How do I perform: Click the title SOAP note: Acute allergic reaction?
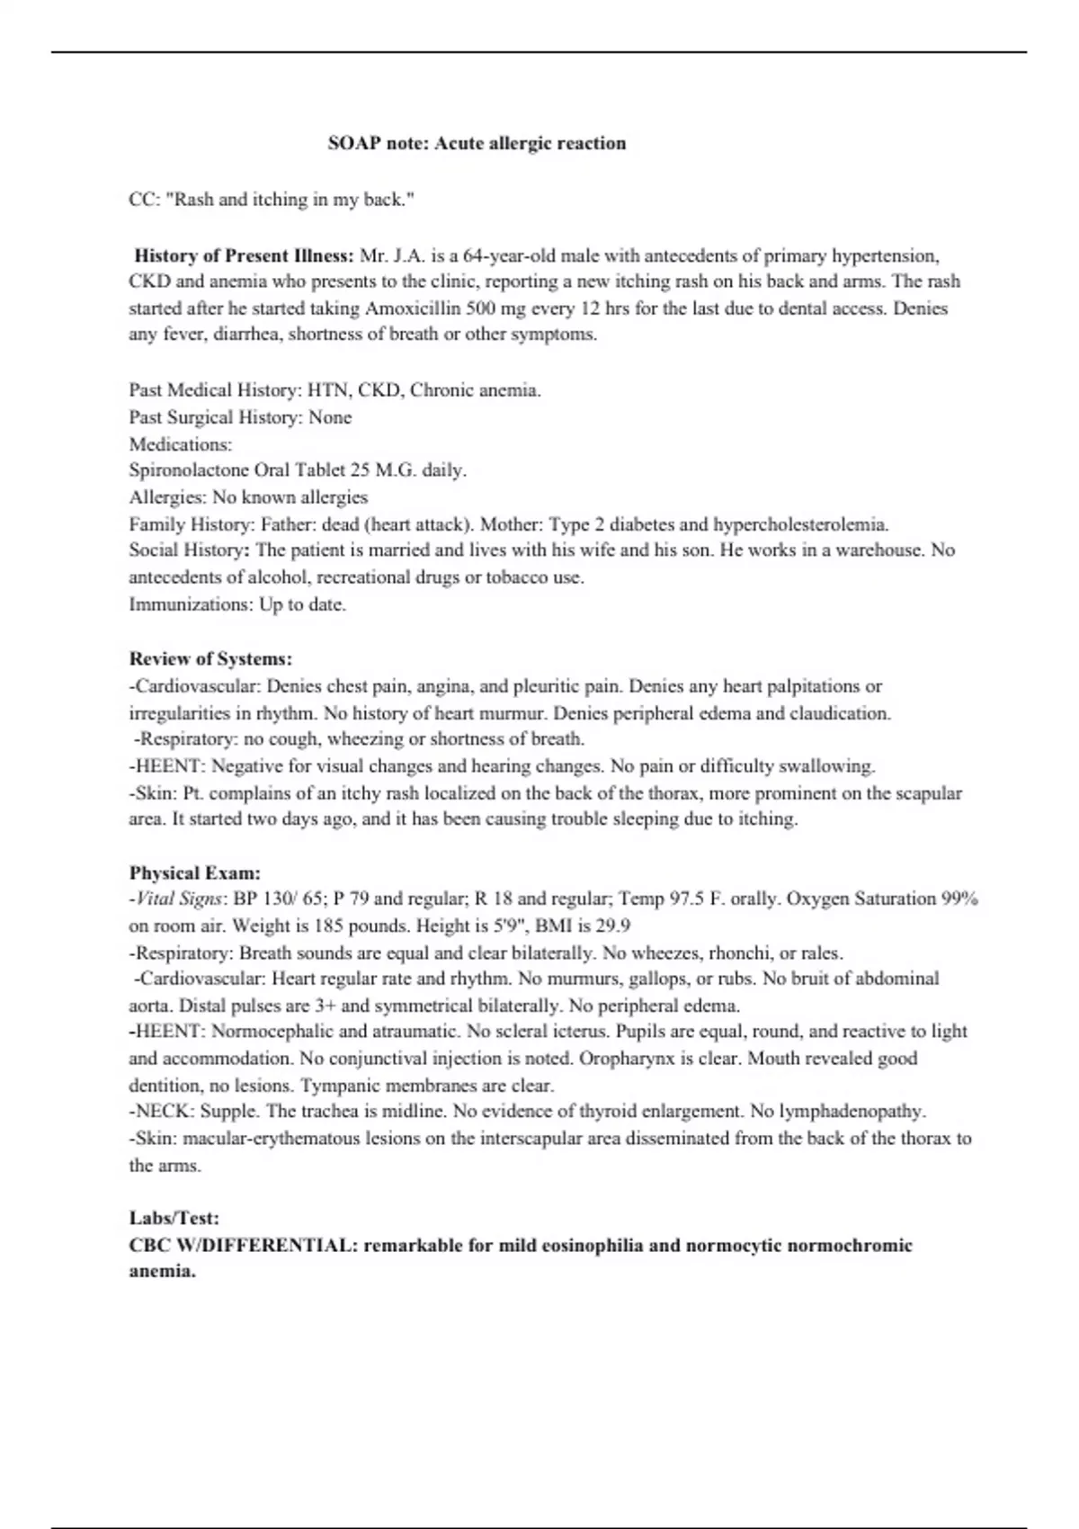click(477, 143)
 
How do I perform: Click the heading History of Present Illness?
click(244, 255)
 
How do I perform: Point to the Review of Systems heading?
click(210, 658)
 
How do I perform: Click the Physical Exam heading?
click(195, 872)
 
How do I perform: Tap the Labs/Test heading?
click(174, 1218)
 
